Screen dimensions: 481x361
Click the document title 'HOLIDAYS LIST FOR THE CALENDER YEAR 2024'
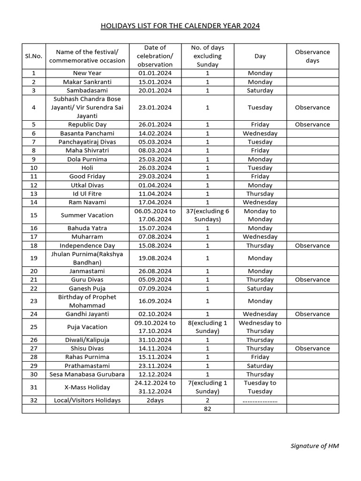180,25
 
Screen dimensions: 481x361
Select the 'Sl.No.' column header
33,56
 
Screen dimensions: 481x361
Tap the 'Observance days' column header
312,56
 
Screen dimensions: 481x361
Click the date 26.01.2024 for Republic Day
155,124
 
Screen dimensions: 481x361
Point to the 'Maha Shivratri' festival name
87,150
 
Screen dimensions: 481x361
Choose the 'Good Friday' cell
87,176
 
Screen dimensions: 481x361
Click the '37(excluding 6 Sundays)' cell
207,215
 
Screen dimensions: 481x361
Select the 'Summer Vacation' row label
87,215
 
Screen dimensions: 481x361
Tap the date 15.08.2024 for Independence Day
155,245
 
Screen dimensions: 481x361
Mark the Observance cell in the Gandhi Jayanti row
312,314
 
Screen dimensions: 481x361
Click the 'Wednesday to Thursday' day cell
260,326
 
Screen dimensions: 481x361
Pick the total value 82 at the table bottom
207,409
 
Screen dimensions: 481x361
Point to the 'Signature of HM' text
314,446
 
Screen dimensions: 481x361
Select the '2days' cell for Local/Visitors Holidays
155,400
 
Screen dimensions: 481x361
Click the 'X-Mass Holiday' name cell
87,387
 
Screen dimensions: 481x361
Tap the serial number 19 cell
33,258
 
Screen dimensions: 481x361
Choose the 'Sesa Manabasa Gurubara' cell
87,374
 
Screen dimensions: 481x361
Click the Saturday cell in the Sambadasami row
260,90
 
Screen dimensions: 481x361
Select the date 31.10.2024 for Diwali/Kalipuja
155,340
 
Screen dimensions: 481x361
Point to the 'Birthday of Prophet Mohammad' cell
87,301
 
